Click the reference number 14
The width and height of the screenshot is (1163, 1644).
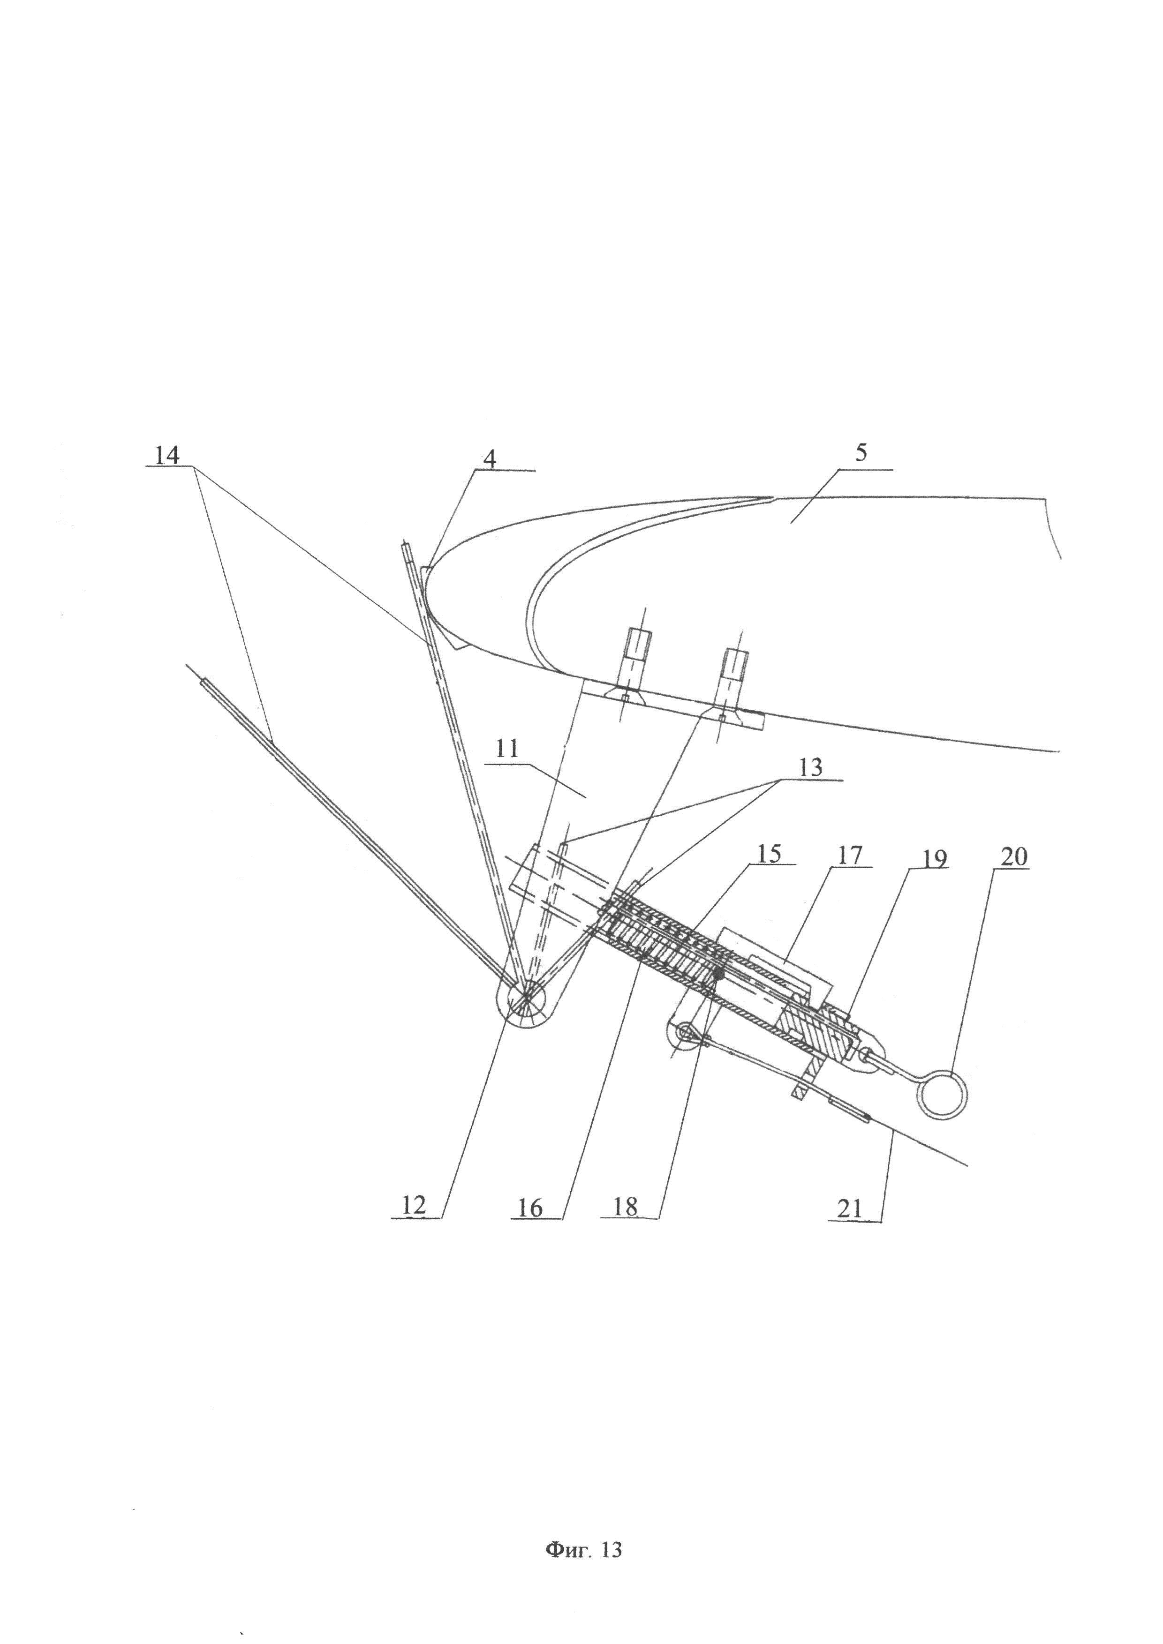(168, 456)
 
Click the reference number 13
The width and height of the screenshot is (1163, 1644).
(811, 767)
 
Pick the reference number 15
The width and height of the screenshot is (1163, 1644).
(768, 854)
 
